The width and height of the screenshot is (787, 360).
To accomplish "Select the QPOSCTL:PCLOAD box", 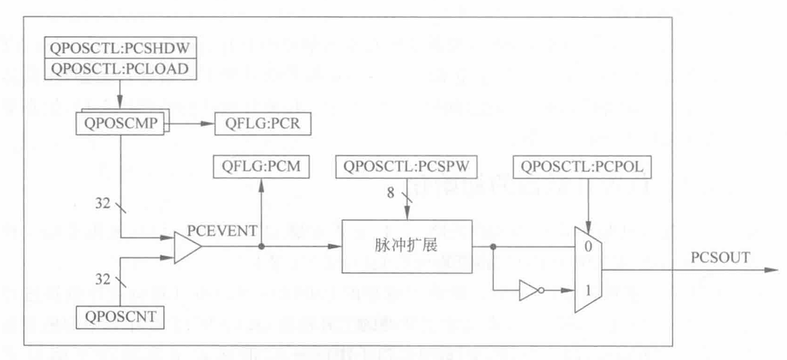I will (x=119, y=68).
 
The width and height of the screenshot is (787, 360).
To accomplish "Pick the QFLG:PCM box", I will (x=260, y=166).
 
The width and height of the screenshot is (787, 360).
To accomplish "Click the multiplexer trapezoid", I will (x=586, y=269).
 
